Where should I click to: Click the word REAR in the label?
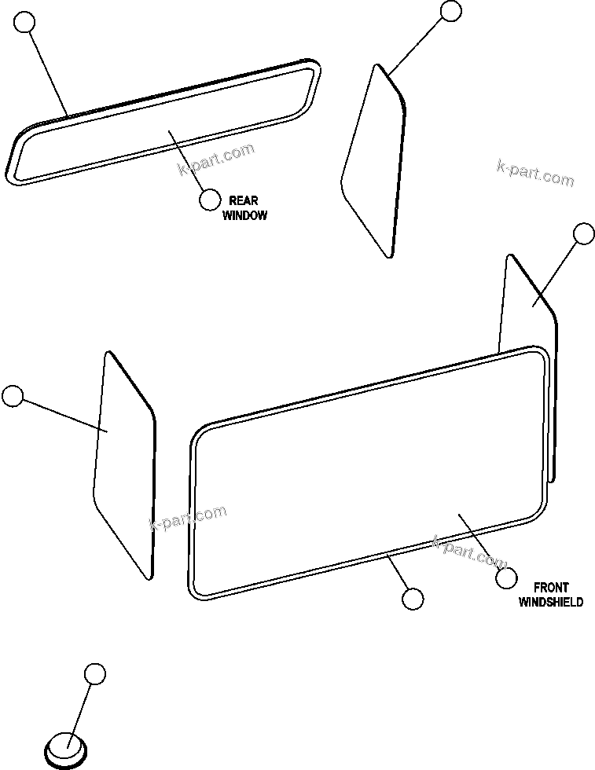[x=243, y=200]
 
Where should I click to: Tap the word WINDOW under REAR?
[x=244, y=215]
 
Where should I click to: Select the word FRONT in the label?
[x=550, y=587]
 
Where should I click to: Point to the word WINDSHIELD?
[x=551, y=602]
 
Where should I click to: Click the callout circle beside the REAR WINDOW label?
[x=210, y=200]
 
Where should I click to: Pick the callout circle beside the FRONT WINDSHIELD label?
[x=507, y=577]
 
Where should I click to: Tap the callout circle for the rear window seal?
[x=26, y=23]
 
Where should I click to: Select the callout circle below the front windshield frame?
[x=412, y=599]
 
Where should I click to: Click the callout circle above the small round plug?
[x=94, y=673]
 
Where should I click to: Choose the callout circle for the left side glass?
[x=13, y=396]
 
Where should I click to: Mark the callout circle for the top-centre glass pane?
[x=451, y=10]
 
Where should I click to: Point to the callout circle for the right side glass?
[x=583, y=233]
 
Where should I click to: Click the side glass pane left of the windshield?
[x=124, y=464]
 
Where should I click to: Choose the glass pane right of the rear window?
[x=375, y=161]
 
